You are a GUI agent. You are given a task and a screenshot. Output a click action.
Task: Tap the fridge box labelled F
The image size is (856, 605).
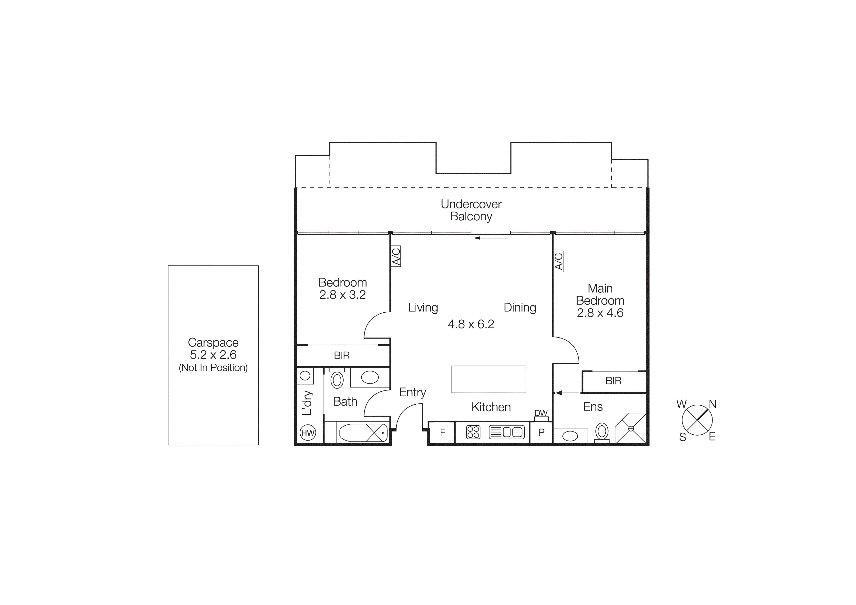pyautogui.click(x=443, y=432)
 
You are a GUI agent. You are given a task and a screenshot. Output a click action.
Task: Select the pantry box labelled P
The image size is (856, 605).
pyautogui.click(x=541, y=432)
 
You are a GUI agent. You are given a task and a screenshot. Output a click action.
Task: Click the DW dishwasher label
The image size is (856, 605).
pyautogui.click(x=541, y=413)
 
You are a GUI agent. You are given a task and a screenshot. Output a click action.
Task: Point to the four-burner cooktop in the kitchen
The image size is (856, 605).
pyautogui.click(x=473, y=432)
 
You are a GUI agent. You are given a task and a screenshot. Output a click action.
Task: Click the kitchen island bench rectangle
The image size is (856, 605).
pyautogui.click(x=489, y=379)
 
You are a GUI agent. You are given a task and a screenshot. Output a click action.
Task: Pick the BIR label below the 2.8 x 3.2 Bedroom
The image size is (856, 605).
pyautogui.click(x=342, y=356)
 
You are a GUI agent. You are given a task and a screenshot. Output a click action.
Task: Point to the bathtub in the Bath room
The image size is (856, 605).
pyautogui.click(x=363, y=432)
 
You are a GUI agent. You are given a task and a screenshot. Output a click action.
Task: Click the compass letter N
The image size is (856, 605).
pyautogui.click(x=713, y=404)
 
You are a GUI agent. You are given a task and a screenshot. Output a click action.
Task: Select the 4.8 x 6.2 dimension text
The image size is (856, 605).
pyautogui.click(x=471, y=324)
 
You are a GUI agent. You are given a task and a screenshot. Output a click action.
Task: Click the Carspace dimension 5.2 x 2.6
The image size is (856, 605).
pyautogui.click(x=213, y=355)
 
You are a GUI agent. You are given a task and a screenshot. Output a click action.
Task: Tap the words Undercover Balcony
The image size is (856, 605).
pyautogui.click(x=471, y=210)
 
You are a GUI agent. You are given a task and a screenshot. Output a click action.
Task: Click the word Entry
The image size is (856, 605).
pyautogui.click(x=412, y=392)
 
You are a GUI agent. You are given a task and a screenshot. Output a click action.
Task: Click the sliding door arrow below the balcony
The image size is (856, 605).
pyautogui.click(x=491, y=238)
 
